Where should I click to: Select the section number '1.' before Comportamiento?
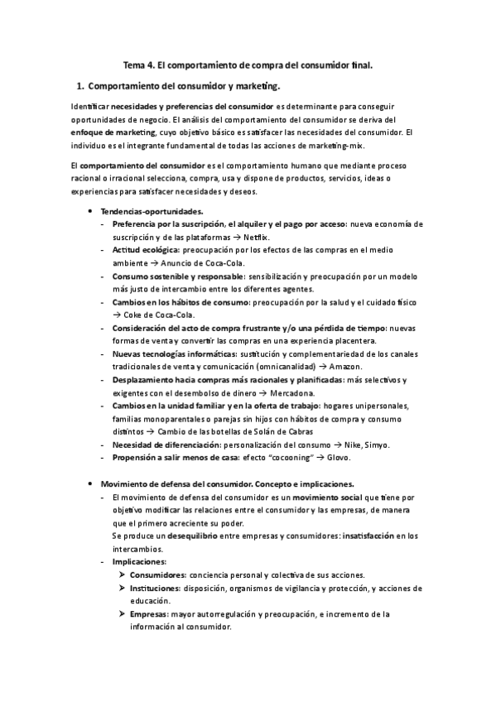tap(79, 85)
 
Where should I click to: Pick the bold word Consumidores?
tap(158, 575)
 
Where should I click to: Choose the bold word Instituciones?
tap(157, 588)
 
